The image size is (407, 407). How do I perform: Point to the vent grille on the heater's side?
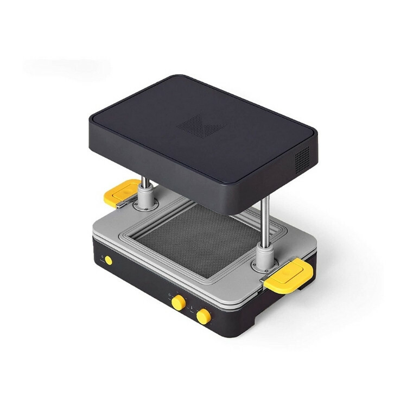pyautogui.click(x=302, y=157)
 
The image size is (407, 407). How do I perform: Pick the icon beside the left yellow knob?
pyautogui.click(x=170, y=296)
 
